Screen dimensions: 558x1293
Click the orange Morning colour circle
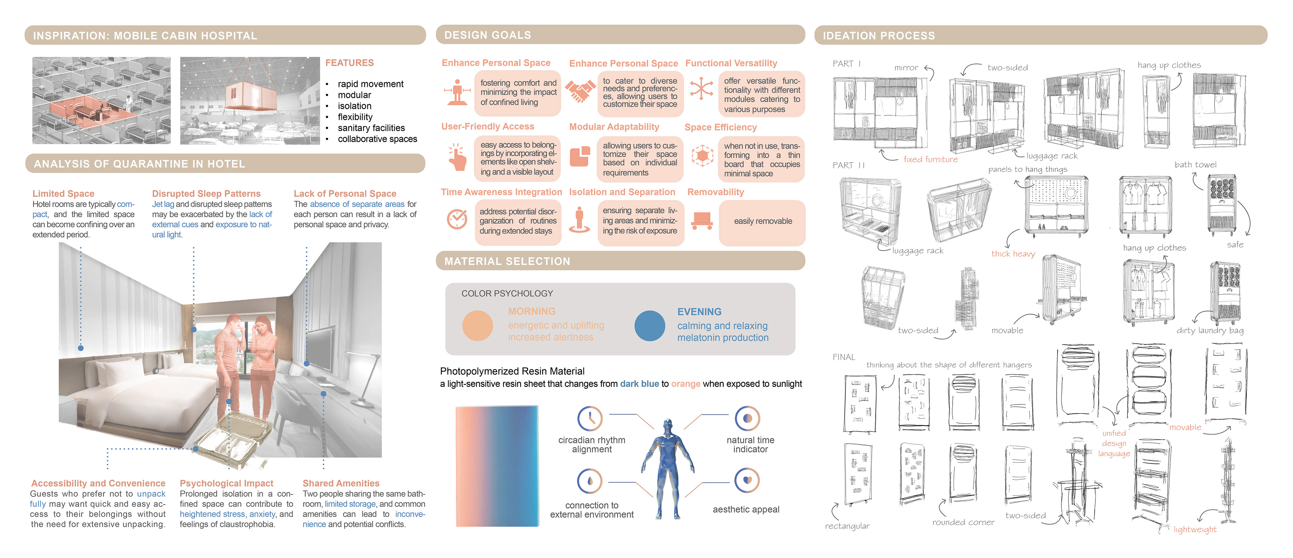[477, 325]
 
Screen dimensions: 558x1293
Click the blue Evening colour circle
[650, 325]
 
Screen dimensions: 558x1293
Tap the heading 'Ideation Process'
[878, 36]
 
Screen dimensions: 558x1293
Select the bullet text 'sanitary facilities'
[371, 128]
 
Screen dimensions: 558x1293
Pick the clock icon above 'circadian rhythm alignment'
[590, 418]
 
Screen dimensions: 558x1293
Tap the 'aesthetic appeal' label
[746, 509]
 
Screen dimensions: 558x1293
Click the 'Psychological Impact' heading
[226, 483]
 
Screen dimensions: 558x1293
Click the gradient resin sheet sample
[497, 466]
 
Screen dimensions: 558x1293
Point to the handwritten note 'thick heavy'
[1013, 254]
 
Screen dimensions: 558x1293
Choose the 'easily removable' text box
[762, 221]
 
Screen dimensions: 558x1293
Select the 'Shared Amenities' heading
[341, 483]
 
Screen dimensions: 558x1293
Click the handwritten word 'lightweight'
[1195, 529]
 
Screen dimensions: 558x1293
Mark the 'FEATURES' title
[350, 63]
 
